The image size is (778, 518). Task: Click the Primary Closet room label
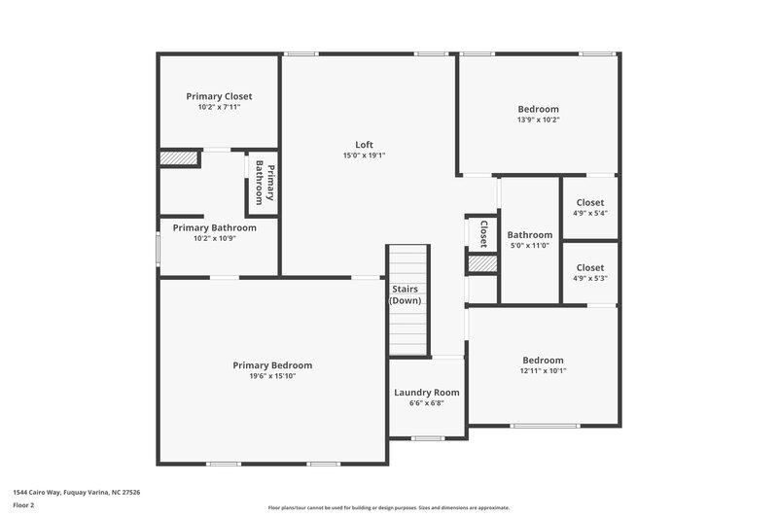(x=219, y=96)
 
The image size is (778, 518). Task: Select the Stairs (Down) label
(x=406, y=294)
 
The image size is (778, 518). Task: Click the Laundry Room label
(x=426, y=393)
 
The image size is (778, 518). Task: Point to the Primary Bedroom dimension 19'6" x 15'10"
(x=272, y=376)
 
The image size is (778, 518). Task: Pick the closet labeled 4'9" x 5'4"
(x=589, y=213)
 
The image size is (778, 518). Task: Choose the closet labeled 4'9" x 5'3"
(x=589, y=278)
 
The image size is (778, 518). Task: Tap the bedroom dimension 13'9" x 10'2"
(x=538, y=120)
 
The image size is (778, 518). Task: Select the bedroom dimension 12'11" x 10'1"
(x=542, y=370)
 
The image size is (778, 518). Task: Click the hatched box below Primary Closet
(x=179, y=158)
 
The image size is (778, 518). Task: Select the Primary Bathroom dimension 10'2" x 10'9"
(x=214, y=238)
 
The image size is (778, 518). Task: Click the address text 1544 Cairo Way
(x=76, y=493)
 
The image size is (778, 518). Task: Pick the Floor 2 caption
(x=23, y=505)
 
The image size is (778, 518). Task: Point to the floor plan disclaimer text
(x=388, y=507)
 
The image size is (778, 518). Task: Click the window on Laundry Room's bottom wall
(x=427, y=438)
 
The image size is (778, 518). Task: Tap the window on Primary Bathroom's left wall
(x=159, y=248)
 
